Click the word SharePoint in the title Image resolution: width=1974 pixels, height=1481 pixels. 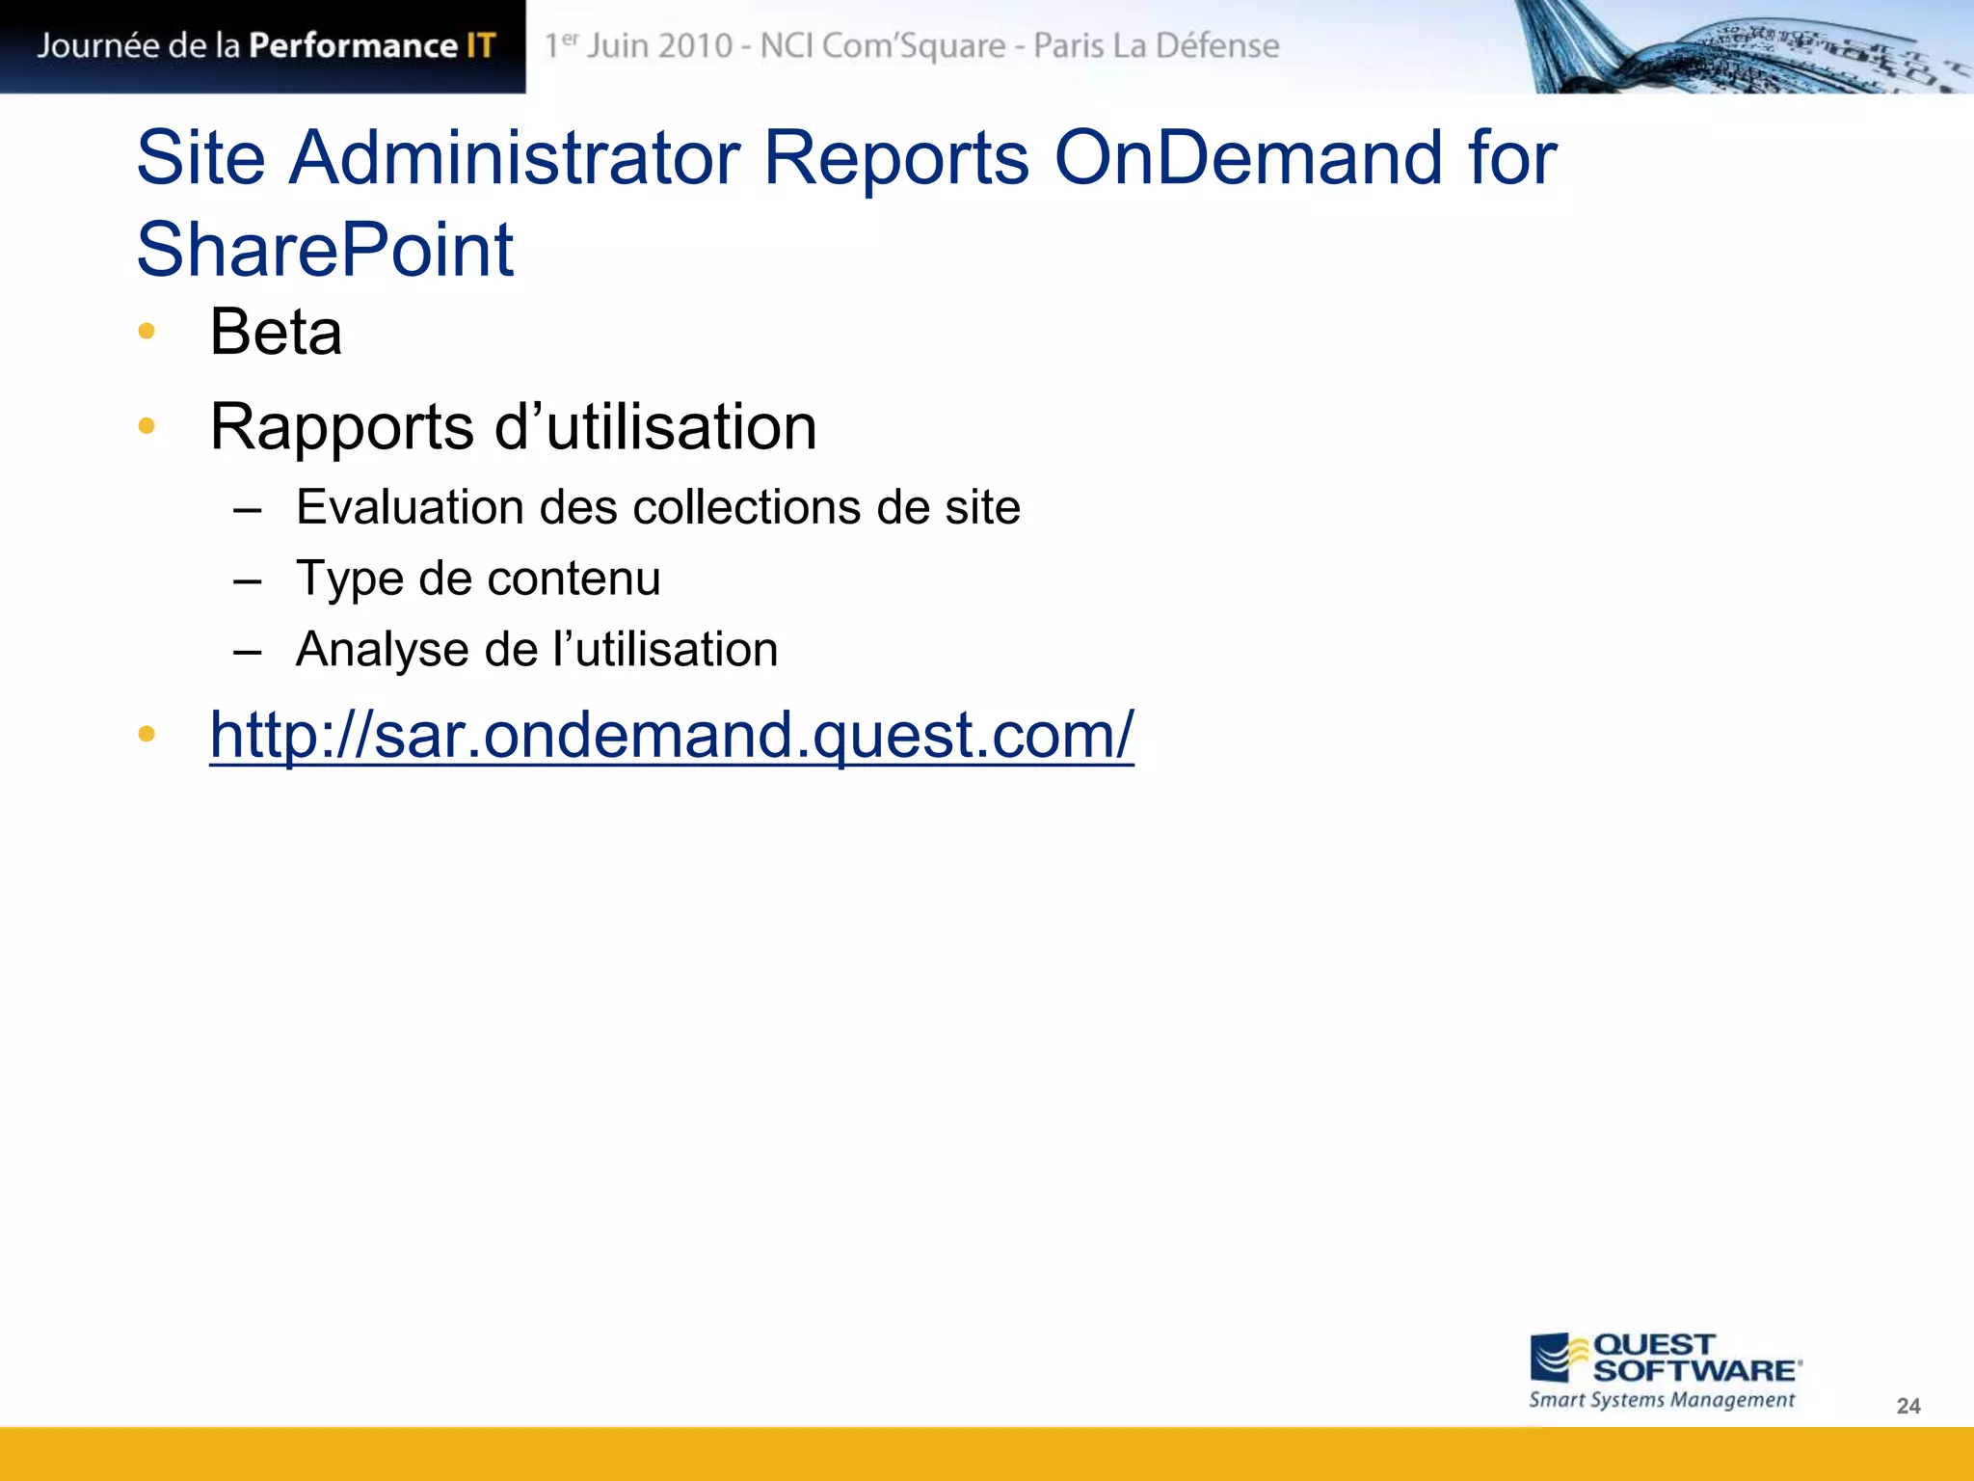[325, 250]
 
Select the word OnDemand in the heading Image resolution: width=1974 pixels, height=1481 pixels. [1248, 157]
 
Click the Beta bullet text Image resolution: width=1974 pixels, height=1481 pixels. [276, 333]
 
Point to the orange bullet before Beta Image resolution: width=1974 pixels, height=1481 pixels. [147, 332]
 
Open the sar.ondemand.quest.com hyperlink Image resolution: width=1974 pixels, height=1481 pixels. [672, 736]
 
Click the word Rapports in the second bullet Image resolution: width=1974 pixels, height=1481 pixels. [342, 427]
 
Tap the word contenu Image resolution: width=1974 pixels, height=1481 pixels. [574, 579]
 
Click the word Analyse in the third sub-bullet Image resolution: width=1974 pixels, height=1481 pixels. [382, 650]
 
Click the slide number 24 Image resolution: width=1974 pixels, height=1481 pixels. [1907, 1406]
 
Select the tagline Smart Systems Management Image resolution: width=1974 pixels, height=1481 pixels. [1662, 1400]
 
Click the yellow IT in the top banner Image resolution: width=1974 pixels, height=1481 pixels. [480, 45]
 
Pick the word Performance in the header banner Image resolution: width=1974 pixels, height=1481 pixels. [353, 45]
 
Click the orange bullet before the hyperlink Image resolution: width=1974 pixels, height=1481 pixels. [147, 735]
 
